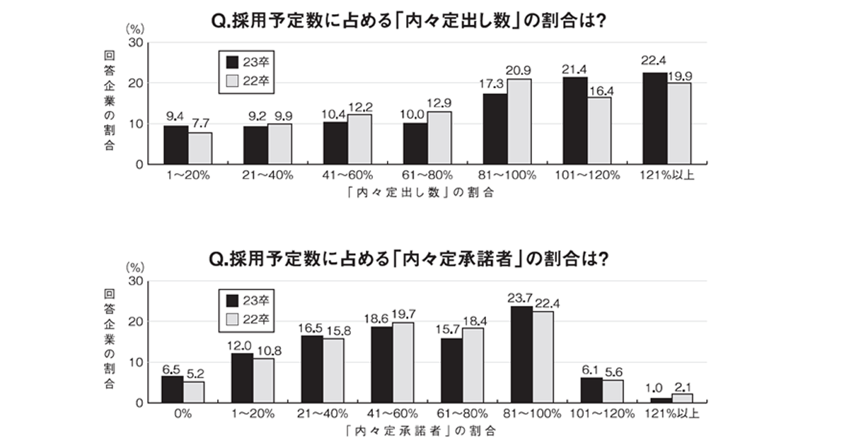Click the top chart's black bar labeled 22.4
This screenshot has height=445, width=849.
(x=655, y=118)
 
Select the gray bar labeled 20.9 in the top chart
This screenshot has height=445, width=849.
(x=519, y=121)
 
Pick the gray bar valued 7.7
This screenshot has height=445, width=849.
(x=200, y=148)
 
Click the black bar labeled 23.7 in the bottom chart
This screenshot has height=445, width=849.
(x=520, y=355)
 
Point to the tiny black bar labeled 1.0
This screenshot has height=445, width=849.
(x=661, y=400)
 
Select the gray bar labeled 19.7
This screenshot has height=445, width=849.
(x=403, y=362)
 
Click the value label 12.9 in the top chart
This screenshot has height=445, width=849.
(x=440, y=103)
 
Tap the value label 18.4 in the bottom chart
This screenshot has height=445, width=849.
(x=474, y=321)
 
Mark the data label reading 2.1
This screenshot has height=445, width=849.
(x=683, y=386)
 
